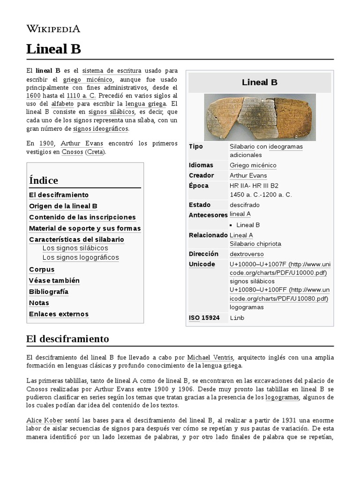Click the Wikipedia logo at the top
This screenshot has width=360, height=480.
pyautogui.click(x=53, y=29)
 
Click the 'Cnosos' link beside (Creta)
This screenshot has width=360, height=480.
pyautogui.click(x=72, y=152)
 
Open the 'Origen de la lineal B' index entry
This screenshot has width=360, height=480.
pyautogui.click(x=63, y=206)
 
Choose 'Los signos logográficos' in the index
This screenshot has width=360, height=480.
pyautogui.click(x=81, y=257)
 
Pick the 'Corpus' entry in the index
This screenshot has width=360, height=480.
pyautogui.click(x=42, y=270)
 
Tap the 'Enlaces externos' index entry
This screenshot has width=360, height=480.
pyautogui.click(x=59, y=314)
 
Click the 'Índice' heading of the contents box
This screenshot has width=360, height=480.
pyautogui.click(x=44, y=180)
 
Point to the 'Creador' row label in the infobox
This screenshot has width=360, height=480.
pyautogui.click(x=201, y=175)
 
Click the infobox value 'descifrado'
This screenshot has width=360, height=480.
pyautogui.click(x=244, y=205)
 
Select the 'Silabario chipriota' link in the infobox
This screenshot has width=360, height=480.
pyautogui.click(x=255, y=244)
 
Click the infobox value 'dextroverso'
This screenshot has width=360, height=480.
pyautogui.click(x=247, y=254)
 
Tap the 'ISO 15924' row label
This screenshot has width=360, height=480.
pyautogui.click(x=204, y=318)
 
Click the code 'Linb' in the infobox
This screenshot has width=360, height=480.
pyautogui.click(x=237, y=318)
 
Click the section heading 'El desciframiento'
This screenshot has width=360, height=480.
pyautogui.click(x=67, y=338)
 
